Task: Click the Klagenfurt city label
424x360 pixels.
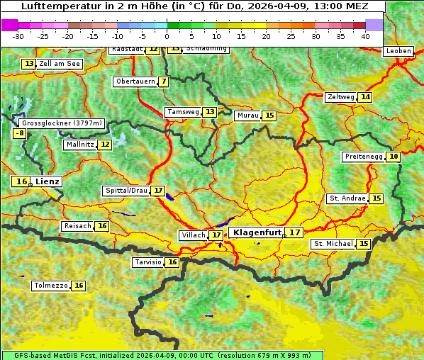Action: (x=257, y=232)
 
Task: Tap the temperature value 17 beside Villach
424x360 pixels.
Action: (x=216, y=235)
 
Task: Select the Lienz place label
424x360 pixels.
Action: (x=48, y=181)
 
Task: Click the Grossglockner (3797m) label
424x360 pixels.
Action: (x=62, y=123)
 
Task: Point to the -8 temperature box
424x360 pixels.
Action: (x=21, y=133)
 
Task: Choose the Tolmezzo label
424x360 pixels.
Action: (x=50, y=286)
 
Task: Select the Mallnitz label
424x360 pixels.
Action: (x=79, y=145)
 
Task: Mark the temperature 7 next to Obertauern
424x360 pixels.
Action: (x=164, y=81)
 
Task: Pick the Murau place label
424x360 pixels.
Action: (x=248, y=116)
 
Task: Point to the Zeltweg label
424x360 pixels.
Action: (x=341, y=97)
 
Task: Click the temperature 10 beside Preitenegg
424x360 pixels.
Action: (x=394, y=157)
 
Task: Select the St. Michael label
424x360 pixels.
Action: (x=333, y=244)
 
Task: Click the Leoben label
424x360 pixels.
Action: (x=398, y=51)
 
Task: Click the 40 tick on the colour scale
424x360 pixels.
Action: (x=365, y=35)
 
